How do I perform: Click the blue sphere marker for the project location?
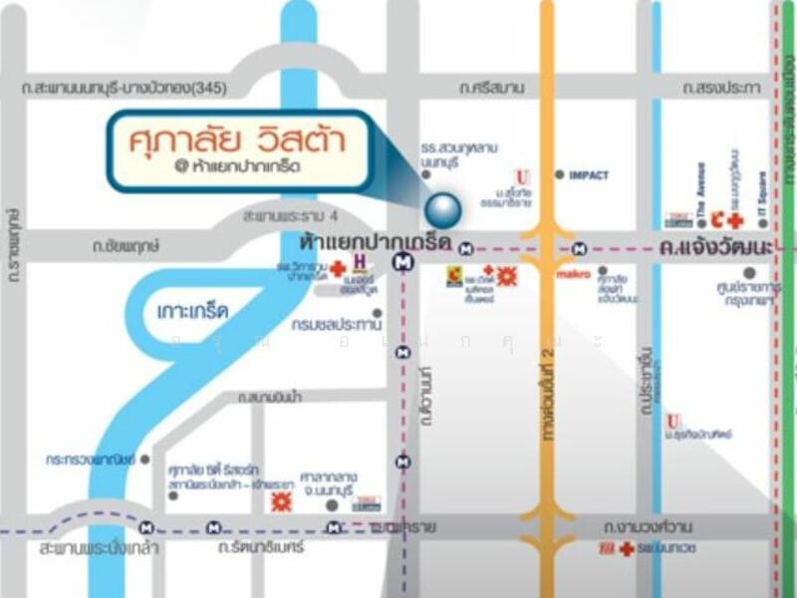click(443, 209)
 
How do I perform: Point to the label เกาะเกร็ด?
click(193, 311)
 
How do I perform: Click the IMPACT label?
click(588, 175)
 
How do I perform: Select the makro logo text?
click(573, 273)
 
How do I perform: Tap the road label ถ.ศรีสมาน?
click(492, 88)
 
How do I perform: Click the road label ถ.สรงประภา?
click(721, 88)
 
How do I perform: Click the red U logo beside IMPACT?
click(521, 177)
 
